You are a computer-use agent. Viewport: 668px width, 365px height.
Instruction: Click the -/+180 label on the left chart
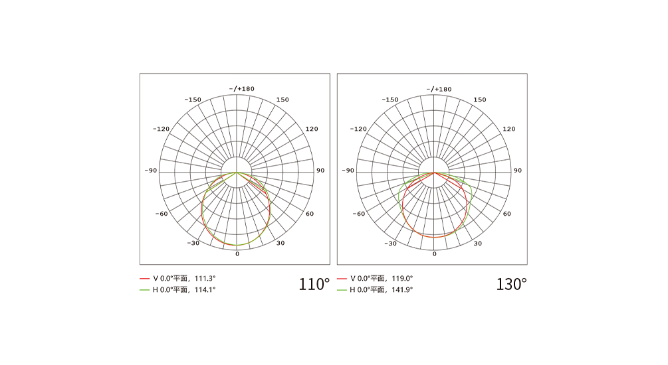[x=241, y=89]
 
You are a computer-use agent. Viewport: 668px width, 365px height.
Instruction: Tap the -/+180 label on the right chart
[x=439, y=89]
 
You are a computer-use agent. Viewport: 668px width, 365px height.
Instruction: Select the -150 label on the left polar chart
[x=193, y=100]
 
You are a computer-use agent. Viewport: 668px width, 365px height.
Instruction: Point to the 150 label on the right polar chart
[x=480, y=100]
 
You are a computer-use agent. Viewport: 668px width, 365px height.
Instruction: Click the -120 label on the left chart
[x=161, y=129]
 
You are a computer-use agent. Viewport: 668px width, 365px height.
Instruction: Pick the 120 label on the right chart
[x=508, y=129]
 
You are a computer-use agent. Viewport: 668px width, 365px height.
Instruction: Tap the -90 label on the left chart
[x=151, y=171]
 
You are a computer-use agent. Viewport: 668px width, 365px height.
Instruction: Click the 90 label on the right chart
[x=518, y=171]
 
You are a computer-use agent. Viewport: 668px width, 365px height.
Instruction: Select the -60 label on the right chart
[x=359, y=214]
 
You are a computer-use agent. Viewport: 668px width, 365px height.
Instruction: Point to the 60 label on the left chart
[x=310, y=214]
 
